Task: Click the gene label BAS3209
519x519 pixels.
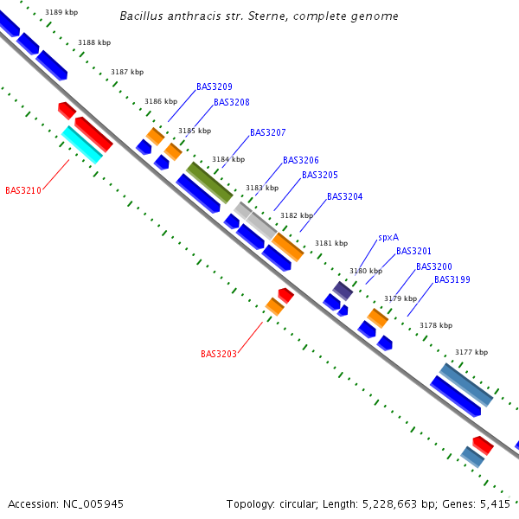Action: (x=214, y=86)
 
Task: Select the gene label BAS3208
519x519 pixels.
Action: (x=231, y=102)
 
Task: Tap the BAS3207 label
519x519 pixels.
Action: (x=267, y=132)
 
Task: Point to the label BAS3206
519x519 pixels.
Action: (x=300, y=160)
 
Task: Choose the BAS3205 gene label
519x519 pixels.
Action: (x=319, y=175)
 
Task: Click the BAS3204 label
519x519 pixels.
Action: (x=344, y=196)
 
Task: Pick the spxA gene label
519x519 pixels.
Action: (x=388, y=237)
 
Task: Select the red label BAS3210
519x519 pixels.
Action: (x=23, y=190)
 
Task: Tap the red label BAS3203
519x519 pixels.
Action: (x=219, y=354)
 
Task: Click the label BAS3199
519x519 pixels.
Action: (x=452, y=279)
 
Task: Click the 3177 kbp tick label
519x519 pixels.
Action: (x=471, y=352)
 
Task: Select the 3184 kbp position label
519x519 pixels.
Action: (x=227, y=159)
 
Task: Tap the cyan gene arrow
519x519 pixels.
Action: (x=82, y=144)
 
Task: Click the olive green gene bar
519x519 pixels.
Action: (x=210, y=182)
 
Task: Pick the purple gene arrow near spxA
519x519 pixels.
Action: (x=343, y=291)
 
